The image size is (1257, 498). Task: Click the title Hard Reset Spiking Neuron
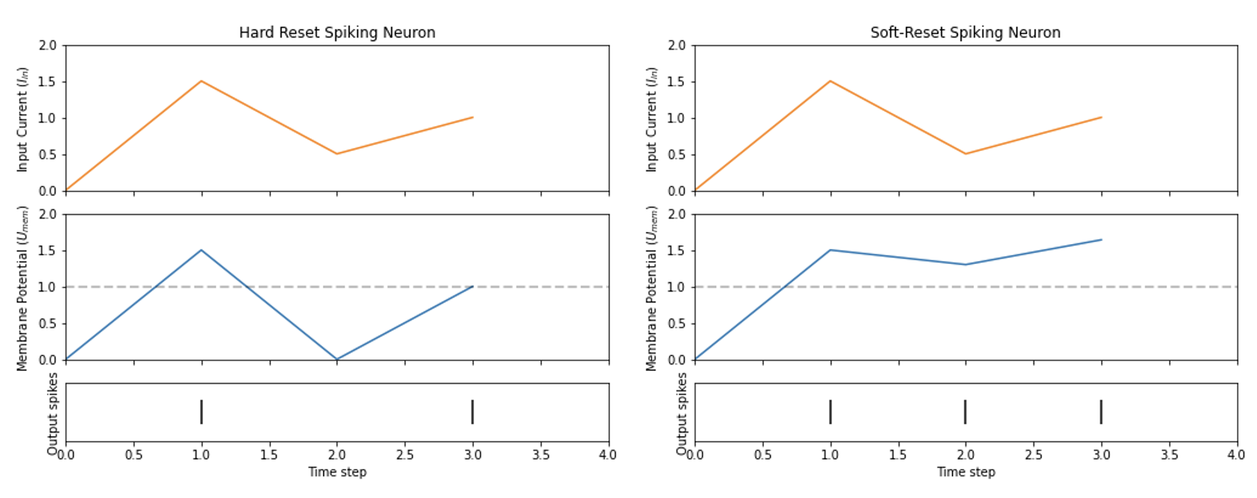pyautogui.click(x=337, y=33)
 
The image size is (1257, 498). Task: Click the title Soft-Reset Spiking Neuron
pyautogui.click(x=965, y=33)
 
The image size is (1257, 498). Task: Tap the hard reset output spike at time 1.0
pyautogui.click(x=201, y=411)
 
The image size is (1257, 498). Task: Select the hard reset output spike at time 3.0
pyautogui.click(x=472, y=411)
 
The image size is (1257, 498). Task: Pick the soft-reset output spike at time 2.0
pyautogui.click(x=965, y=411)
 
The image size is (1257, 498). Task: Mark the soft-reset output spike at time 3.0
pyautogui.click(x=1101, y=411)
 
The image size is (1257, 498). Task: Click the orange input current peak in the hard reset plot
pyautogui.click(x=201, y=81)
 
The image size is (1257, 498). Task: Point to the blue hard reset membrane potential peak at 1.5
pyautogui.click(x=201, y=250)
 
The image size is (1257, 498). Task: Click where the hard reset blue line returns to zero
pyautogui.click(x=337, y=359)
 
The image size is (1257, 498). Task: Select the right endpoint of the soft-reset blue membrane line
pyautogui.click(x=1101, y=240)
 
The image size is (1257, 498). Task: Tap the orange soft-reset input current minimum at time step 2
pyautogui.click(x=965, y=154)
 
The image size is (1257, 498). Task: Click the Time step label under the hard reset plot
pyautogui.click(x=337, y=472)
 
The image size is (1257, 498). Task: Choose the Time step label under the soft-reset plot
pyautogui.click(x=965, y=472)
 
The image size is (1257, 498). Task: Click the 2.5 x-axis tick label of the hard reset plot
pyautogui.click(x=404, y=455)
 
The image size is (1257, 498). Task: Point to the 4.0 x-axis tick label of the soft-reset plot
pyautogui.click(x=1236, y=455)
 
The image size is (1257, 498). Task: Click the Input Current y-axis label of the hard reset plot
pyautogui.click(x=22, y=119)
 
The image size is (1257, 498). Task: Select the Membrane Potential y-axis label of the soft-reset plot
pyautogui.click(x=651, y=288)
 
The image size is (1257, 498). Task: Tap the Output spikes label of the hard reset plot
pyautogui.click(x=52, y=413)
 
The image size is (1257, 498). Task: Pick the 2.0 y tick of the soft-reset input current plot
pyautogui.click(x=677, y=45)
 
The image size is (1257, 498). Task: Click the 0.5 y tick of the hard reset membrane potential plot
pyautogui.click(x=48, y=323)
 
